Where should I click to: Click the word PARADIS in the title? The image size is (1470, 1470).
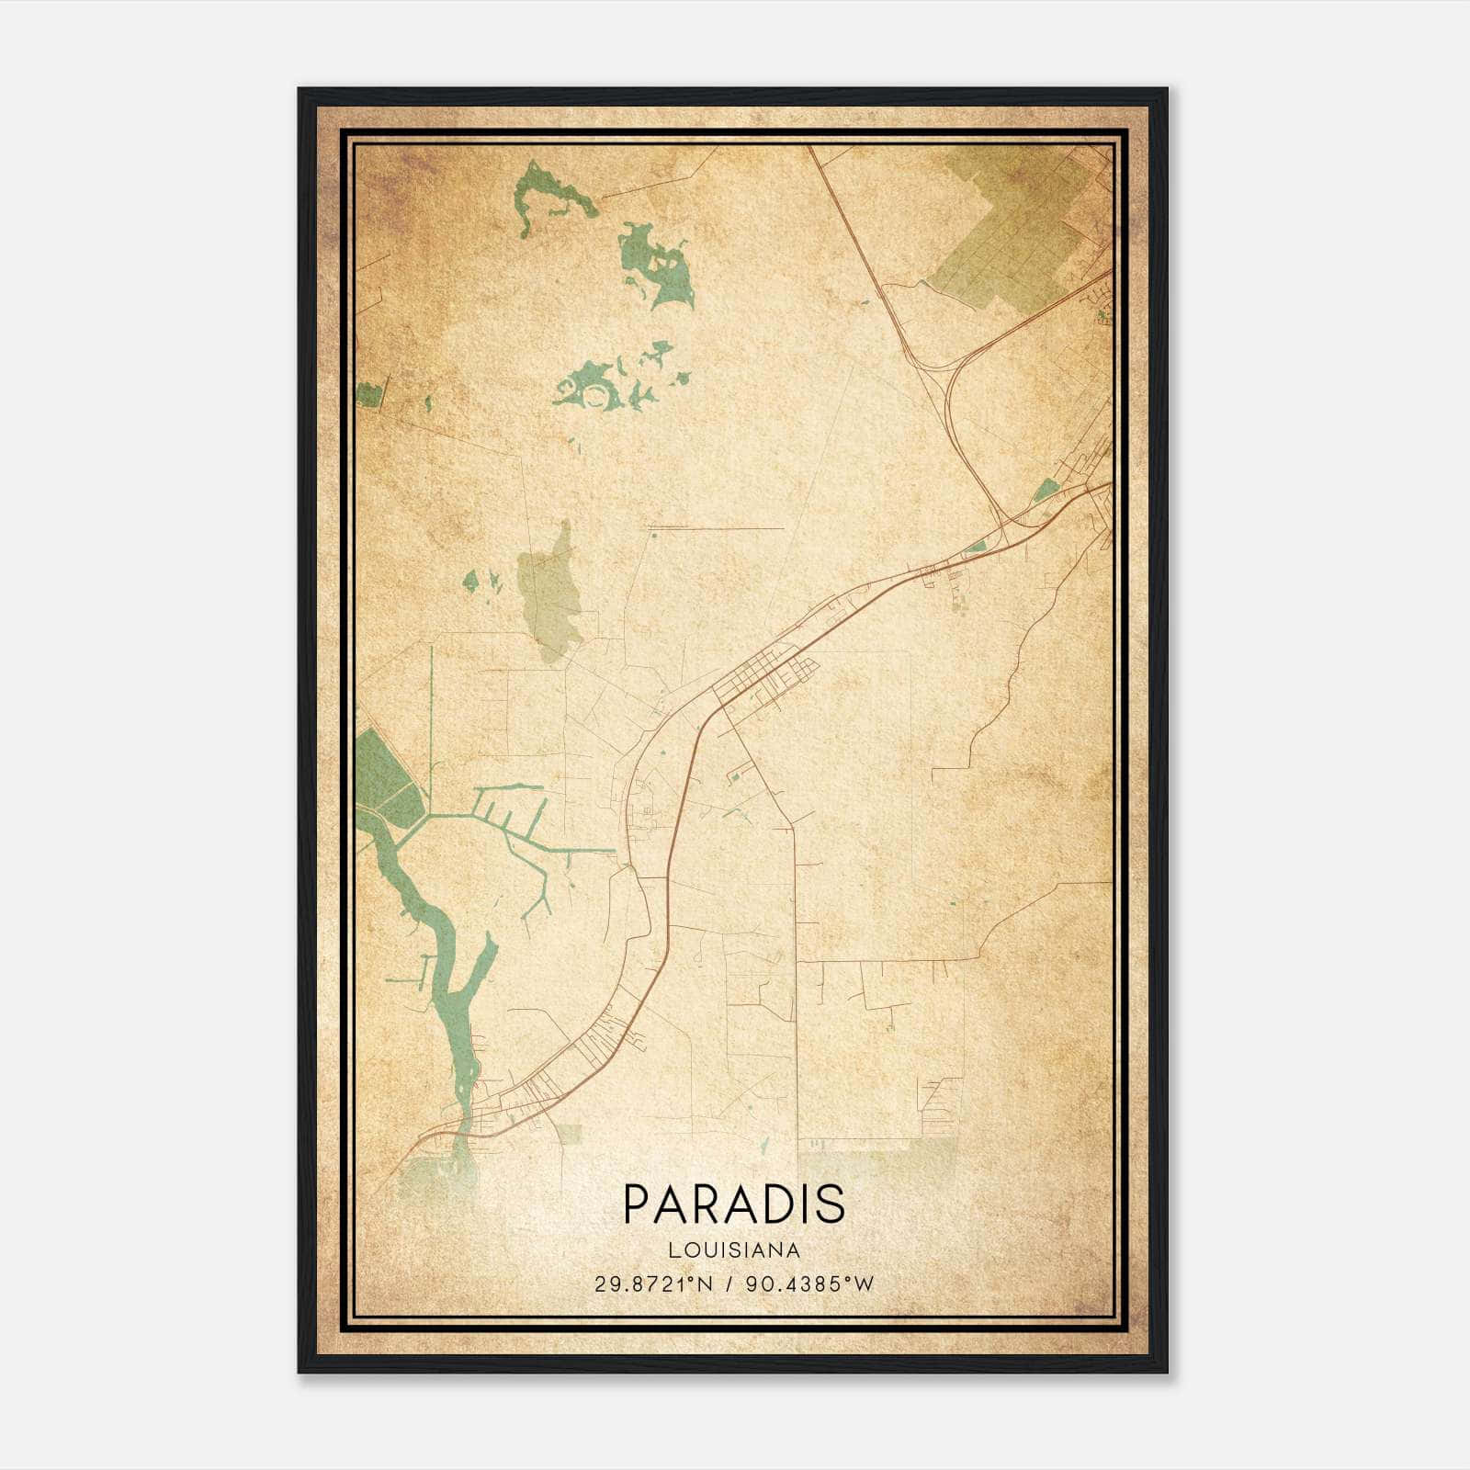tap(733, 1204)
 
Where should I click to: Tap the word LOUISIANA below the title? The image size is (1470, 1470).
tap(734, 1250)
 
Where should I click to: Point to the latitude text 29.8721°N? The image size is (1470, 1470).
tap(653, 1284)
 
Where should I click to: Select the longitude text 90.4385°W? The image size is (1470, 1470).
tap(809, 1284)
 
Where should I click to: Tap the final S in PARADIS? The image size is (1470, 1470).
tap(831, 1204)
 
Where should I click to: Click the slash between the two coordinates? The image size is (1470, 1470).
tap(729, 1284)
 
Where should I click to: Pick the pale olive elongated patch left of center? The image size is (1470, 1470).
tap(549, 593)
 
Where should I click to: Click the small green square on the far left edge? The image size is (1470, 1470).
tap(367, 395)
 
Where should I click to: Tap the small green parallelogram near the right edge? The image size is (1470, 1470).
tap(1046, 491)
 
